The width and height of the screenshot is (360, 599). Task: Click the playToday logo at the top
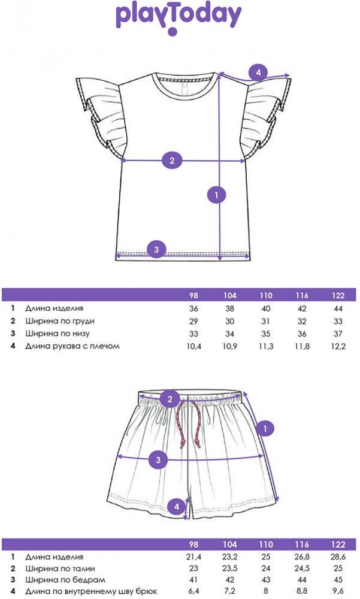tap(179, 18)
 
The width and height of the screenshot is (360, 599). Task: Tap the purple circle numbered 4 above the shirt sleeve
tap(258, 72)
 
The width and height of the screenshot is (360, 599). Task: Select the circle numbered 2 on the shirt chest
tap(172, 161)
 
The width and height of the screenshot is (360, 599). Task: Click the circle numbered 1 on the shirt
tap(217, 195)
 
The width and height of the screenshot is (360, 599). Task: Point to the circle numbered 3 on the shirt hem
tap(156, 250)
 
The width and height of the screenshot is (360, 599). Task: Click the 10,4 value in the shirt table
tap(193, 346)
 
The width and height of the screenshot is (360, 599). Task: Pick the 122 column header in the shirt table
tap(338, 295)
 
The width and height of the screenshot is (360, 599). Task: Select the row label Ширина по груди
tap(60, 321)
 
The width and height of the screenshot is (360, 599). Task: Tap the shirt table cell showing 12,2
tap(338, 346)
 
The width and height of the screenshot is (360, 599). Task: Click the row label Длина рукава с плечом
tap(72, 346)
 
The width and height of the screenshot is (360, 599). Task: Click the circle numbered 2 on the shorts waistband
tap(170, 400)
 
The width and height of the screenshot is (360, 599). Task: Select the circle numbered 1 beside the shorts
tap(265, 429)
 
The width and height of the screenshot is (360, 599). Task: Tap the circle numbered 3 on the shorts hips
tap(158, 460)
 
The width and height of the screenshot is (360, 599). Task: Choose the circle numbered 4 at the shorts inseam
tap(177, 507)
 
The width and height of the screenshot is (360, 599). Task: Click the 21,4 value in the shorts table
tap(193, 556)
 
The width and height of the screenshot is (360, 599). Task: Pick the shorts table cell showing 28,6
tap(338, 556)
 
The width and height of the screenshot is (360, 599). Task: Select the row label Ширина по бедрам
tap(65, 580)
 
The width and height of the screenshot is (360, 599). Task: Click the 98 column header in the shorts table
tap(193, 544)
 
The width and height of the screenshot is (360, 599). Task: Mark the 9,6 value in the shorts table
tap(338, 591)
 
